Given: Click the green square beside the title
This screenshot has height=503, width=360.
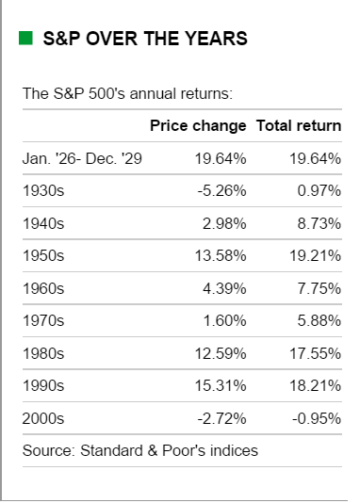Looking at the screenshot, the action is click(x=25, y=39).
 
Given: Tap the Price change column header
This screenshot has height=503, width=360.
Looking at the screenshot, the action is click(x=198, y=126).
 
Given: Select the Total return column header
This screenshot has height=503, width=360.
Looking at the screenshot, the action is click(x=299, y=126).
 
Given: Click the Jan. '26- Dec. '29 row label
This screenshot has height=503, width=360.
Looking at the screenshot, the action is click(x=82, y=158).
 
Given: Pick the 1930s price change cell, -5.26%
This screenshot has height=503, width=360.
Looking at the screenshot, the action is click(x=221, y=191).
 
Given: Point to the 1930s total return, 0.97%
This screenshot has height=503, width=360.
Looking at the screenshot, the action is click(x=319, y=191).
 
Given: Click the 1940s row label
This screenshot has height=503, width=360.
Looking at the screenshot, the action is click(x=43, y=223).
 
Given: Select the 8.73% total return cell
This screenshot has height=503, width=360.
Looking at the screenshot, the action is click(x=319, y=223).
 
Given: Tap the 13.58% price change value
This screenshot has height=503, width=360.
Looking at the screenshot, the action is click(x=221, y=255).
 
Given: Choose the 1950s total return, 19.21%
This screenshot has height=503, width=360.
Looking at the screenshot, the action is click(x=315, y=255).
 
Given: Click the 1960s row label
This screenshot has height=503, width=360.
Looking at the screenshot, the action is click(x=43, y=288).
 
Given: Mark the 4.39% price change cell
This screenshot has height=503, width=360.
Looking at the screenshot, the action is click(x=224, y=288).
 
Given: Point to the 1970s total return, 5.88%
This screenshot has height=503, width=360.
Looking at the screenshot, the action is click(x=319, y=320).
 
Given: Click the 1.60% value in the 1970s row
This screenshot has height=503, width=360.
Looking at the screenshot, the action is click(x=224, y=320).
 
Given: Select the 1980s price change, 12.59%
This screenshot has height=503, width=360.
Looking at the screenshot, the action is click(x=221, y=353).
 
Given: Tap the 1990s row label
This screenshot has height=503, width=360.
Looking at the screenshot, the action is click(x=43, y=385).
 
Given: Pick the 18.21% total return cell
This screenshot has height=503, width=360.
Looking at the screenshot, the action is click(x=315, y=385).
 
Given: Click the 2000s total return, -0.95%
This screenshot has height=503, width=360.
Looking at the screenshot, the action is click(x=317, y=418).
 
